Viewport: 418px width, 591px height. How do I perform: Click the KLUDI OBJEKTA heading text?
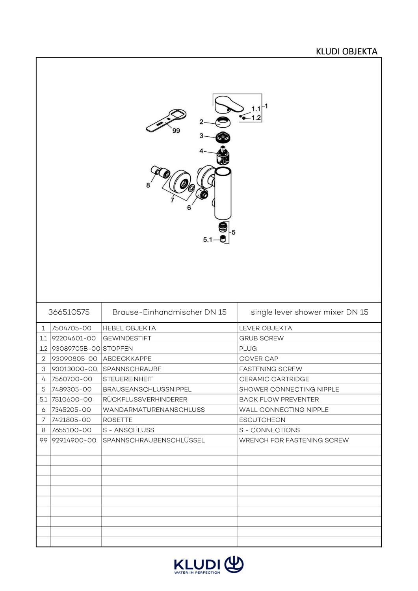tap(346, 52)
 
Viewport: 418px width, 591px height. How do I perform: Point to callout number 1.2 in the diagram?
tap(256, 118)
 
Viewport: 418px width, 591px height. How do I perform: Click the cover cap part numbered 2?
tap(223, 122)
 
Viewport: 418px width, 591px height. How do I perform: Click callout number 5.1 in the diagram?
tap(207, 240)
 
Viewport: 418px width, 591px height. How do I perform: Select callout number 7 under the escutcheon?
tap(172, 200)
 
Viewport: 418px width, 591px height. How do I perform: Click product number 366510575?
tap(69, 312)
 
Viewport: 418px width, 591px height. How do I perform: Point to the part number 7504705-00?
tap(72, 328)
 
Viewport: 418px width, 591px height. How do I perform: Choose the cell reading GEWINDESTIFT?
tap(127, 338)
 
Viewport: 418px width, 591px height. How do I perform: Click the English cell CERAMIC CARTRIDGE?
tap(274, 379)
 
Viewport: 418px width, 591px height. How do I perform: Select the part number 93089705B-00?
tap(76, 349)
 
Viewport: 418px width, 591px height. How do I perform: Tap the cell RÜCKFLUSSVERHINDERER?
tap(145, 400)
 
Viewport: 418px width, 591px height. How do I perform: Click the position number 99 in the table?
tap(44, 440)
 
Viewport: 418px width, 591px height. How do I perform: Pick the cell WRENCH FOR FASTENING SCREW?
tap(294, 440)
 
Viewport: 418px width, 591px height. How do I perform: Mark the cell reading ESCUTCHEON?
tap(262, 420)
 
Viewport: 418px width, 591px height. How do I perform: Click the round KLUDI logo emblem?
tap(234, 565)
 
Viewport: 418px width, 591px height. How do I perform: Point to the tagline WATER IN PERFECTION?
tap(197, 572)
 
